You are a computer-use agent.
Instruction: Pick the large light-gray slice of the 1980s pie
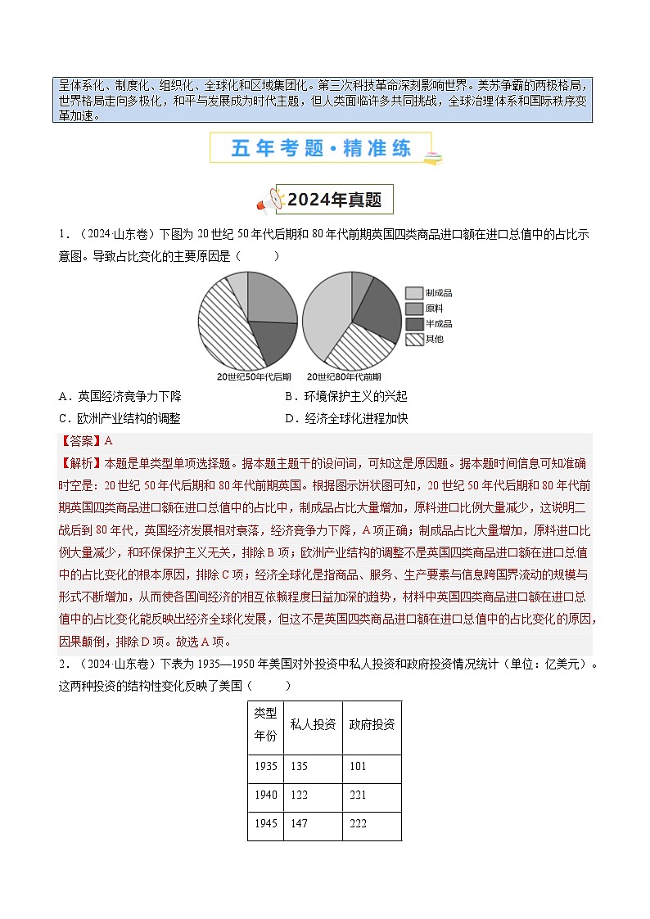[323, 307]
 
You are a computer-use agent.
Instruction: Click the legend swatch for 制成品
[413, 293]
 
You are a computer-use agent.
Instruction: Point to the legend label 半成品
[439, 324]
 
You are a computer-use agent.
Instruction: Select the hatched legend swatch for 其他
[413, 339]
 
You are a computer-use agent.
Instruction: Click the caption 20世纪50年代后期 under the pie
[254, 377]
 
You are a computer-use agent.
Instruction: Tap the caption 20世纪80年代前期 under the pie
[344, 377]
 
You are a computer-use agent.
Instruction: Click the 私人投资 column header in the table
[313, 725]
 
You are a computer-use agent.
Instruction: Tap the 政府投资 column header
[372, 725]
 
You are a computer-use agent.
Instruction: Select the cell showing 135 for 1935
[299, 767]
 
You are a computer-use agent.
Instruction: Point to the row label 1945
[265, 823]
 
